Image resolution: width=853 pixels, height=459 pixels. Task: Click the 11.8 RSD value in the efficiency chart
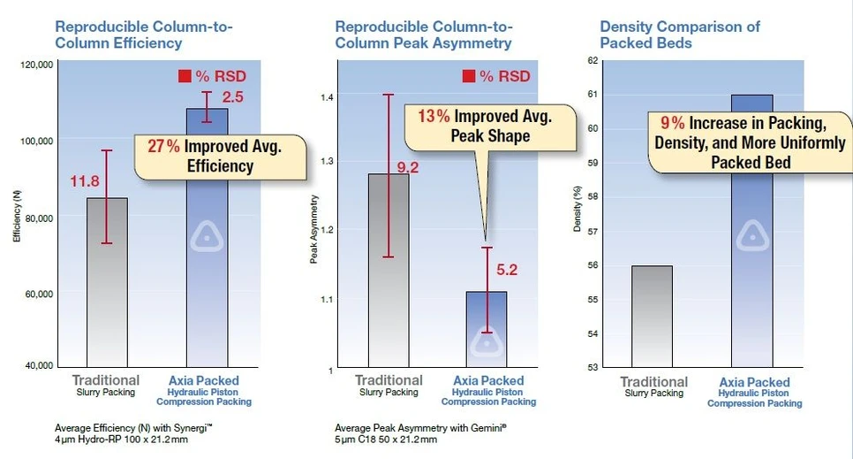click(x=86, y=182)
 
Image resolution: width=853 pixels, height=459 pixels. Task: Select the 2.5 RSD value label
click(x=233, y=96)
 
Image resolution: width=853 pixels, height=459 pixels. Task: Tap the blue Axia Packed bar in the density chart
click(x=751, y=265)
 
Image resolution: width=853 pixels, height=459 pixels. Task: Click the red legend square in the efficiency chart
click(x=185, y=77)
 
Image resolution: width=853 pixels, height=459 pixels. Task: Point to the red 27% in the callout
click(x=163, y=148)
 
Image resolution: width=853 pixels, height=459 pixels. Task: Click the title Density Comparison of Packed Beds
click(x=679, y=34)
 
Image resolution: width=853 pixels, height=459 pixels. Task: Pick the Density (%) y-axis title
click(x=577, y=210)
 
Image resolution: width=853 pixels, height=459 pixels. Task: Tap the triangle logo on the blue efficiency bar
click(x=207, y=236)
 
